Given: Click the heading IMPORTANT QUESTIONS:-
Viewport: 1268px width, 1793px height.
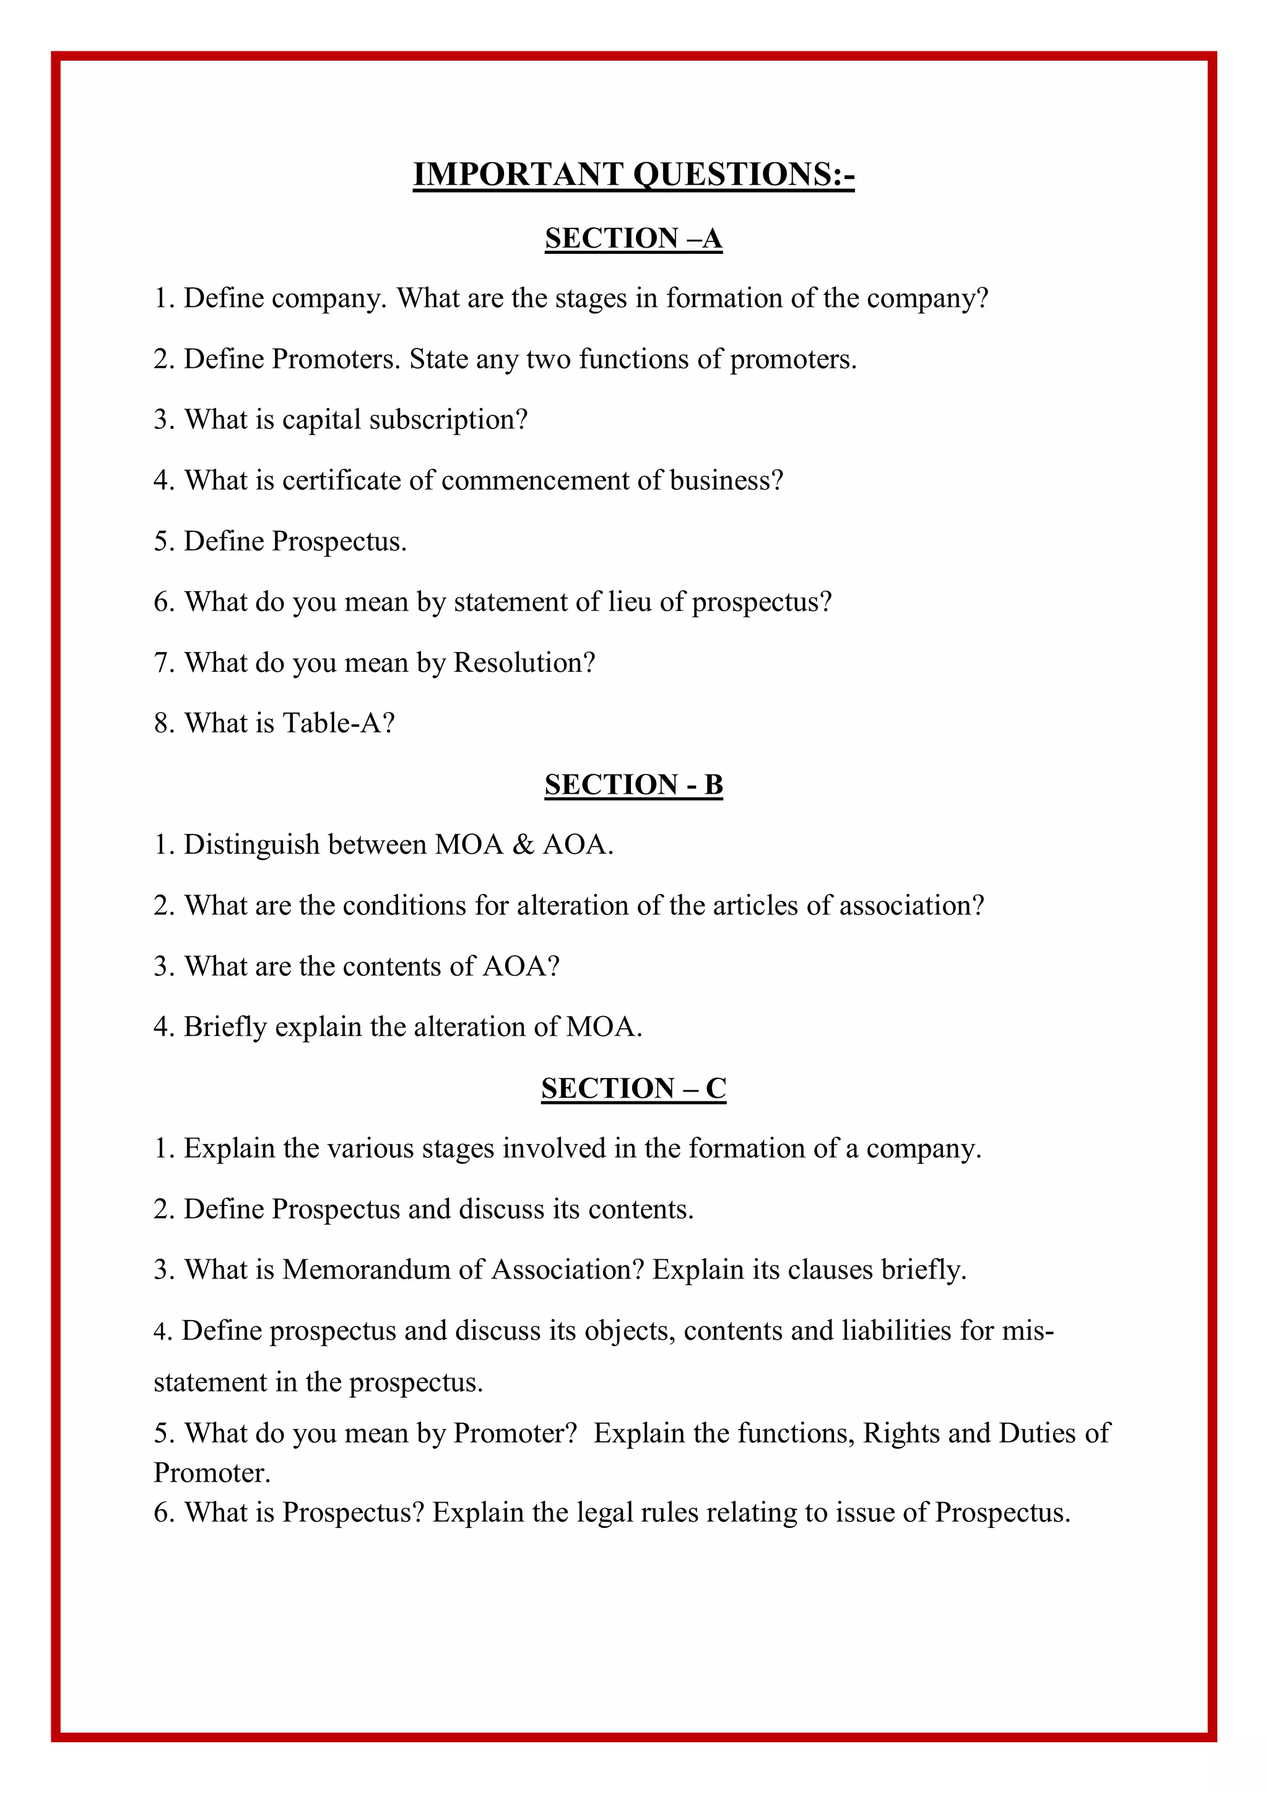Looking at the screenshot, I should click(633, 174).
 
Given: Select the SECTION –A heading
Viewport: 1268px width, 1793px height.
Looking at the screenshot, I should click(633, 238).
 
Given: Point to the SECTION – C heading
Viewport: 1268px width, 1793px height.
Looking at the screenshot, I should click(633, 1088).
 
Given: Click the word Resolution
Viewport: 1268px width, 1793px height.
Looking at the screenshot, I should click(524, 663).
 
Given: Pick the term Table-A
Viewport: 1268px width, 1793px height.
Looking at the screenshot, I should click(338, 723).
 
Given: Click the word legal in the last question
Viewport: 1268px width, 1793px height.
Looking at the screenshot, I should click(604, 1513).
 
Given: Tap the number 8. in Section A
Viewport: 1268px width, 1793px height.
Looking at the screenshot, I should click(163, 723).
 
